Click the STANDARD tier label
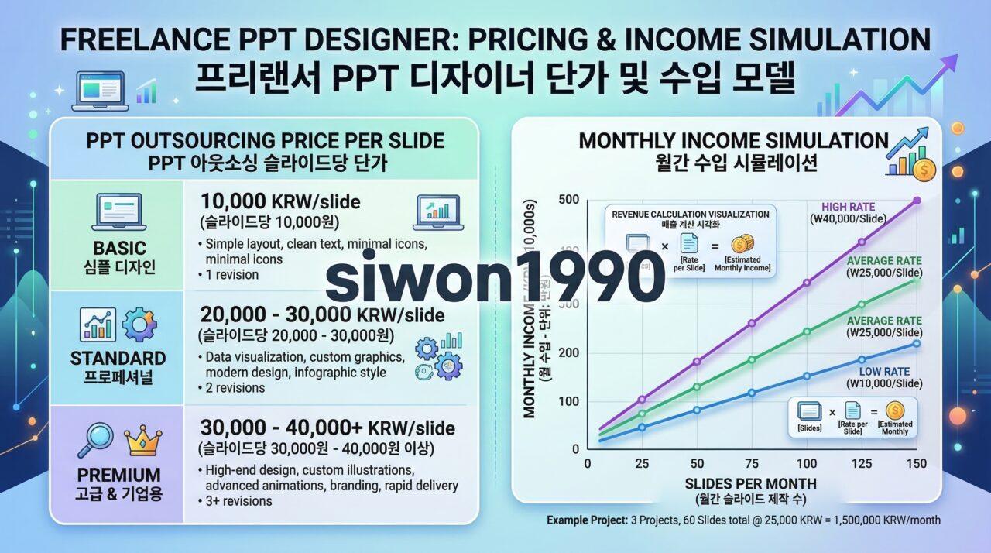pyautogui.click(x=118, y=358)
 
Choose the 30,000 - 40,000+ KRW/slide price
pyautogui.click(x=327, y=428)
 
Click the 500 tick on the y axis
pyautogui.click(x=569, y=200)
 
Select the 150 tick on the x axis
pyautogui.click(x=916, y=463)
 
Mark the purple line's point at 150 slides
pyautogui.click(x=917, y=200)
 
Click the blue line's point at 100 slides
pyautogui.click(x=807, y=376)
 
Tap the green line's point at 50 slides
pyautogui.click(x=698, y=386)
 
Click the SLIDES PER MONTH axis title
pyautogui.click(x=750, y=483)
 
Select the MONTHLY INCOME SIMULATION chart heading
pyautogui.click(x=732, y=141)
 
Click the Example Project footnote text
pyautogui.click(x=743, y=520)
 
